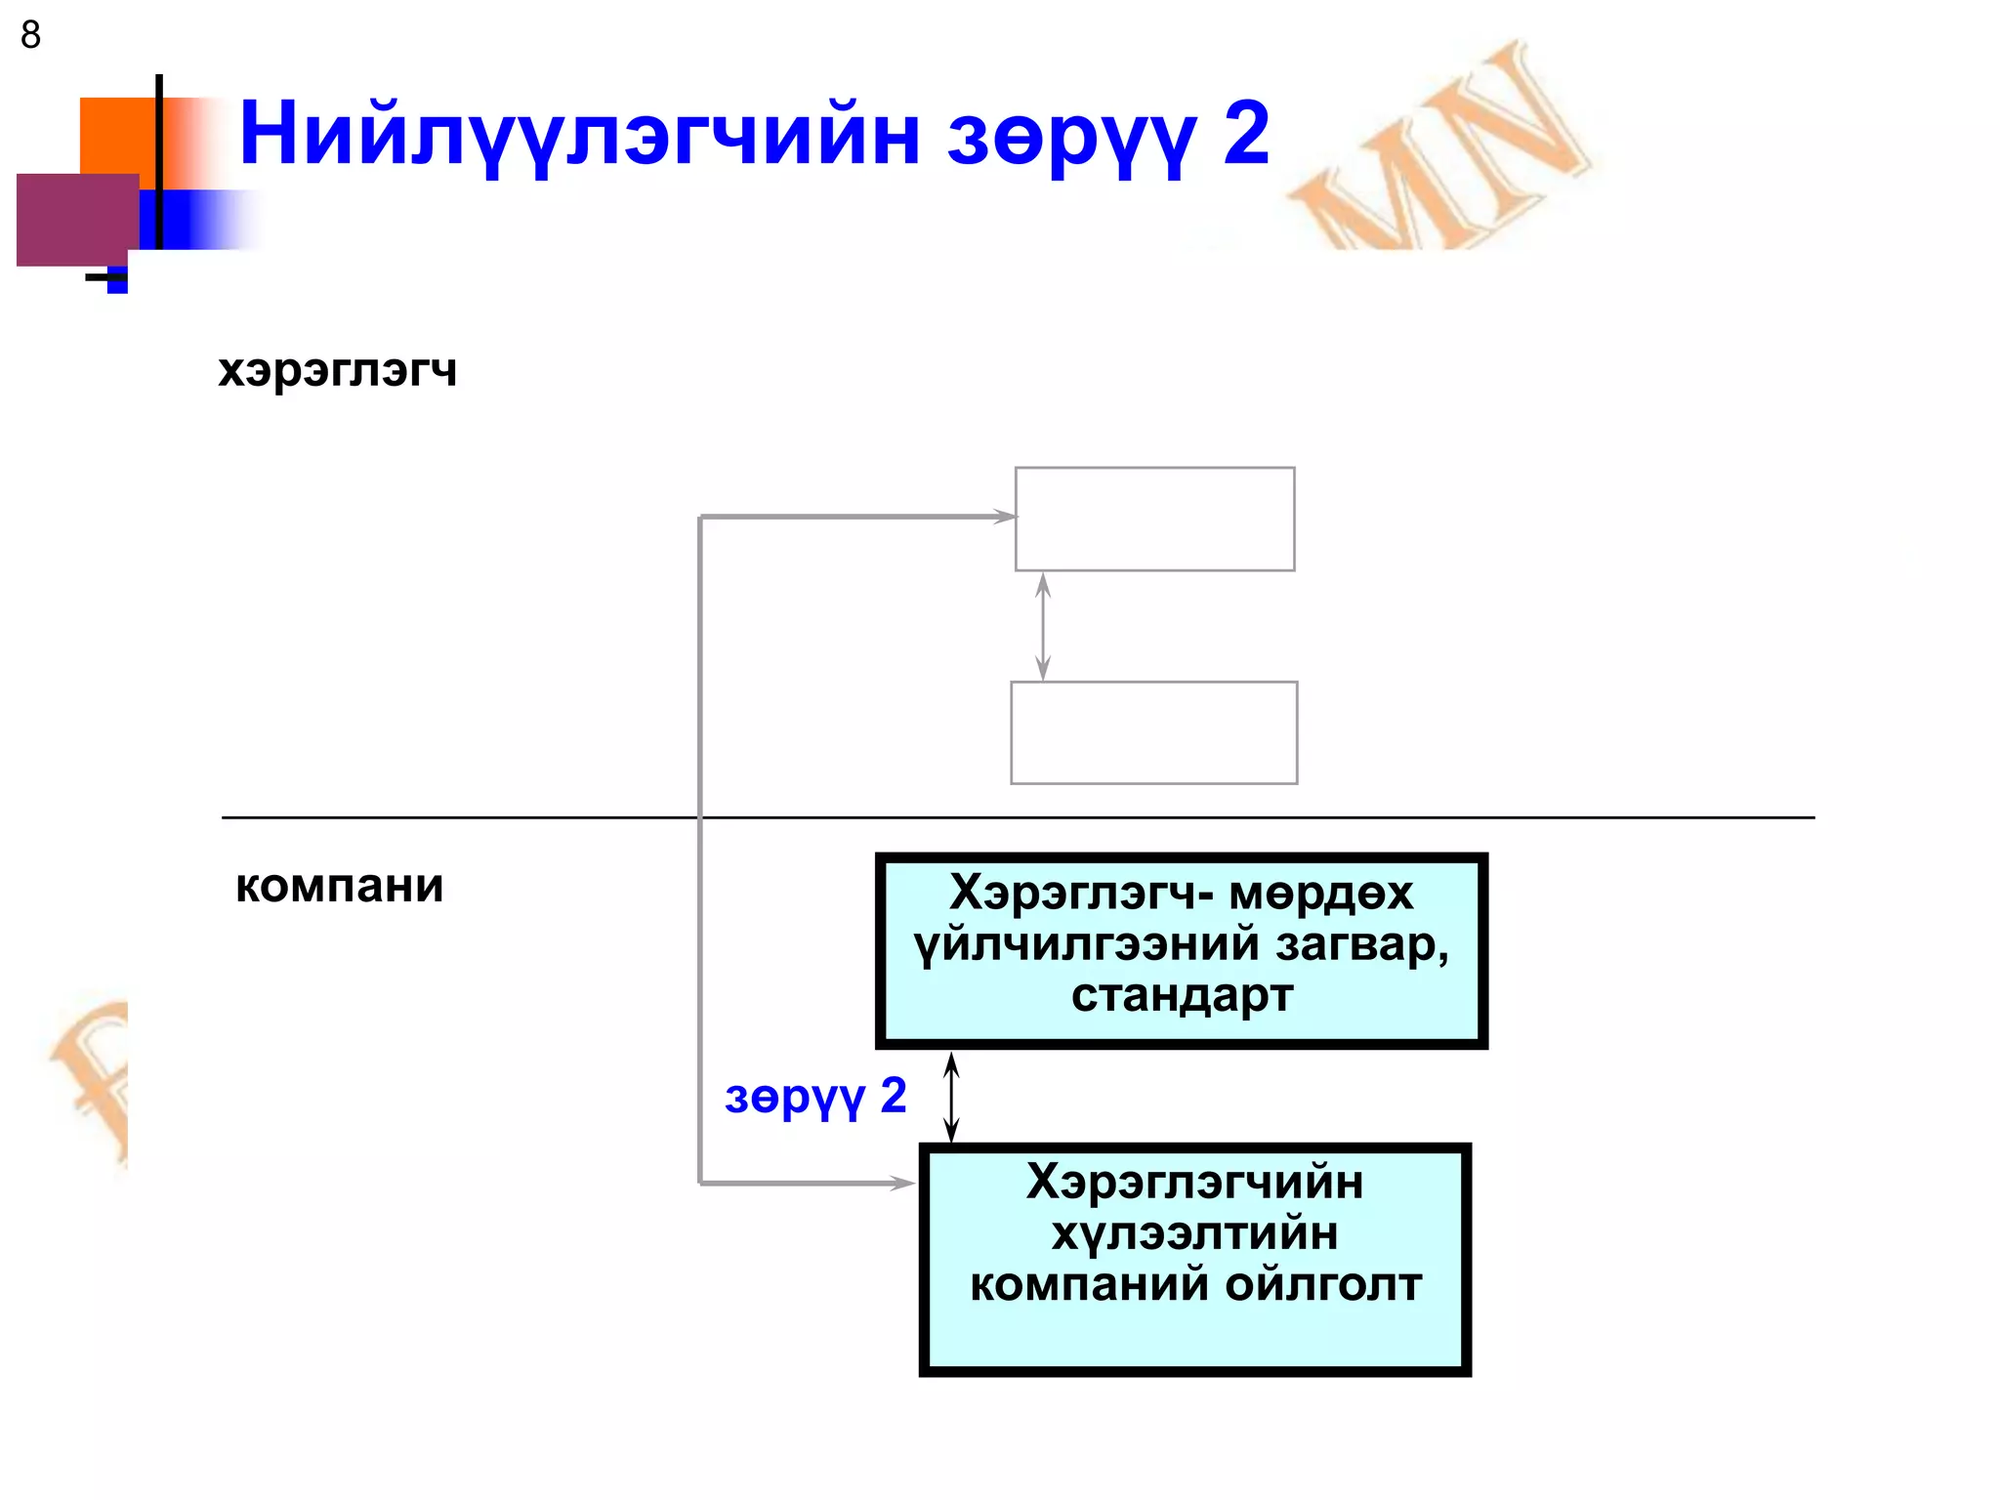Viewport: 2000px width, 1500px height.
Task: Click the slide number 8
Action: click(x=30, y=35)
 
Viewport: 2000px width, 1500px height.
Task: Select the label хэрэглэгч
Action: click(x=337, y=370)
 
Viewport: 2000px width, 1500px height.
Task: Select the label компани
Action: click(x=339, y=886)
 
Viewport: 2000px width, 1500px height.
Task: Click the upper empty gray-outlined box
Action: click(x=1154, y=519)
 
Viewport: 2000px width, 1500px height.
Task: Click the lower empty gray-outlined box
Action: click(x=1153, y=732)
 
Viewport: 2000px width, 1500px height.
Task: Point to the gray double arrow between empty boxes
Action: click(x=1043, y=626)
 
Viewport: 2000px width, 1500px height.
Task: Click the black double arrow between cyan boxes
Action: click(x=951, y=1097)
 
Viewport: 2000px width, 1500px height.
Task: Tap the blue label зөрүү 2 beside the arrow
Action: click(x=815, y=1097)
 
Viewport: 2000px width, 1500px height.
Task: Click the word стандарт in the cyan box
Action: click(x=1182, y=995)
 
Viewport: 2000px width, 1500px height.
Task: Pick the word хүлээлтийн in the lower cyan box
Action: click(x=1194, y=1232)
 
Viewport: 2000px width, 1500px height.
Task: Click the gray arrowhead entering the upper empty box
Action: click(x=1005, y=516)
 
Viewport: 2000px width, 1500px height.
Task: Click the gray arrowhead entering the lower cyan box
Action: click(x=903, y=1183)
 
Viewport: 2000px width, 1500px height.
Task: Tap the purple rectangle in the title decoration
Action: click(x=76, y=219)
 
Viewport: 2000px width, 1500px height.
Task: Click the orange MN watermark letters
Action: click(x=1445, y=146)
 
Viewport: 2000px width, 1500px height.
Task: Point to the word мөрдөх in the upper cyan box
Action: click(x=1320, y=893)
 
